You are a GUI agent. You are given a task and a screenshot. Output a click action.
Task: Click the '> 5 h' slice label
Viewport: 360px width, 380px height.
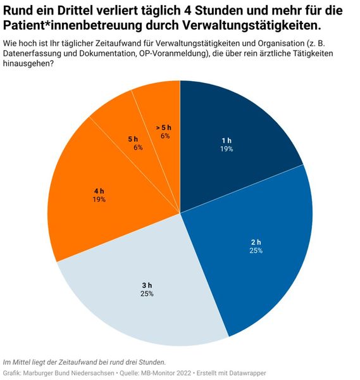[x=163, y=127]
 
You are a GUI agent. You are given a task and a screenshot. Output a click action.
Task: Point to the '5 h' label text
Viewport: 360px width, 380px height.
[x=133, y=138]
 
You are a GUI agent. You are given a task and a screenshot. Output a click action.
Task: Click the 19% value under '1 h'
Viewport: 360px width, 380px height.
[x=227, y=149]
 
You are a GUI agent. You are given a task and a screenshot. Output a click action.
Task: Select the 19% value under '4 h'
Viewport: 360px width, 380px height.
[x=99, y=199]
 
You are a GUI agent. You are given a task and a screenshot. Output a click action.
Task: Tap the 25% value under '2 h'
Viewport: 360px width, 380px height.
[x=256, y=251]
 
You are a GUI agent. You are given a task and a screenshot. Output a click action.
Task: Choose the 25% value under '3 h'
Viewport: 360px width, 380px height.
[x=147, y=293]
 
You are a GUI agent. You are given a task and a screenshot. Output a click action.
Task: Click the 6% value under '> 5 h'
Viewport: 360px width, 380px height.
[x=164, y=136]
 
